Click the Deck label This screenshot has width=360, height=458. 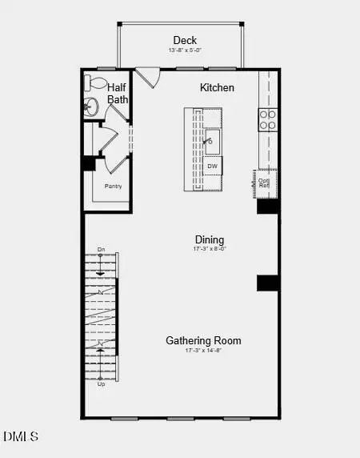pyautogui.click(x=185, y=40)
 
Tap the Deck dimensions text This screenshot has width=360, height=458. pyautogui.click(x=185, y=50)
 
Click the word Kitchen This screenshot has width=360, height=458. pyautogui.click(x=217, y=86)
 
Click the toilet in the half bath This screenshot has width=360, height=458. pyautogui.click(x=95, y=82)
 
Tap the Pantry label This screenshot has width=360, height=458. pyautogui.click(x=114, y=186)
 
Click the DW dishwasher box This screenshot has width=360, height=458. pyautogui.click(x=212, y=167)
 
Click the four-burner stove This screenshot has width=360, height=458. pyautogui.click(x=267, y=119)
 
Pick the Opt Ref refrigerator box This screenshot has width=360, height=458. pyautogui.click(x=264, y=182)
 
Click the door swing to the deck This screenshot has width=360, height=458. pyautogui.click(x=146, y=78)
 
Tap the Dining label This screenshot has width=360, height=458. pyautogui.click(x=210, y=239)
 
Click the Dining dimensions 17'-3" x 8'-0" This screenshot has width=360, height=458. pyautogui.click(x=210, y=249)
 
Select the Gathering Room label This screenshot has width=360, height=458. pyautogui.click(x=203, y=340)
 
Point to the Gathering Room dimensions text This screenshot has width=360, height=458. pyautogui.click(x=203, y=351)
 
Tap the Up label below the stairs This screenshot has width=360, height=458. pyautogui.click(x=101, y=384)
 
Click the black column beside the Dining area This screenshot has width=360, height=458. pyautogui.click(x=266, y=283)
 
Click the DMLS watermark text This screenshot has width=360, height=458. pyautogui.click(x=21, y=436)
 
